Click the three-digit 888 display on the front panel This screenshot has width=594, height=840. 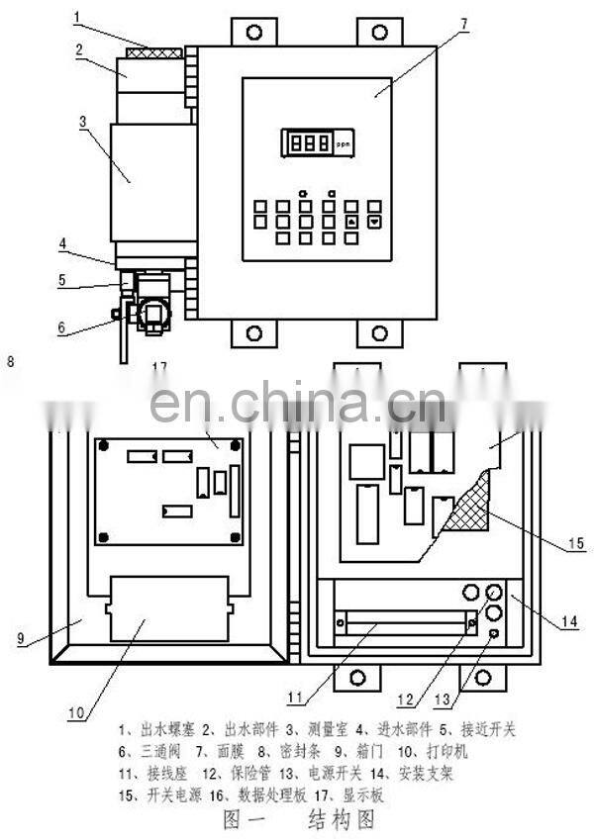click(x=306, y=142)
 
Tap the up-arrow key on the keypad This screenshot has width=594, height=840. click(x=351, y=221)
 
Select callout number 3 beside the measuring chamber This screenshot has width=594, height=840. click(x=85, y=121)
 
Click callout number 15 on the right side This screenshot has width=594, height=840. click(x=577, y=545)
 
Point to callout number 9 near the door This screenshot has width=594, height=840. click(x=20, y=638)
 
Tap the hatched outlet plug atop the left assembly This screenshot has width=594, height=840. click(x=152, y=50)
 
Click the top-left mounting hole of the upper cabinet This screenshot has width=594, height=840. click(x=254, y=32)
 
